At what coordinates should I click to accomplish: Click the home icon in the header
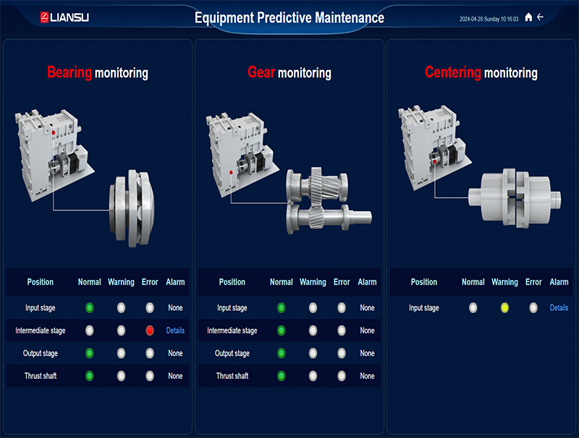(528, 17)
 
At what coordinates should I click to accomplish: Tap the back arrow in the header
(540, 17)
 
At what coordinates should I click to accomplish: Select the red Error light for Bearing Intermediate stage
(150, 330)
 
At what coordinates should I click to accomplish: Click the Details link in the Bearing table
(175, 330)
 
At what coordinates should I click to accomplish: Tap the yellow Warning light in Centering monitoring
(504, 308)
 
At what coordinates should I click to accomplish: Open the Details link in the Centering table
(559, 308)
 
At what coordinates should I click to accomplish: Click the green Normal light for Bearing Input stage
(90, 308)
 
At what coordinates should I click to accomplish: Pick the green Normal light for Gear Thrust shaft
(282, 376)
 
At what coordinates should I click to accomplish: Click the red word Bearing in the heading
(69, 72)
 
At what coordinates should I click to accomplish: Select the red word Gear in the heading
(261, 72)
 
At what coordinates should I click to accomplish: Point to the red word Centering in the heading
(453, 72)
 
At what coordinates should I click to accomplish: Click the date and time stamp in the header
(489, 18)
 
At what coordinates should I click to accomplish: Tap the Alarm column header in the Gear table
(367, 282)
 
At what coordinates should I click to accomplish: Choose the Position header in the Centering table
(424, 282)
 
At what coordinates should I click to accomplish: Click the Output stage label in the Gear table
(232, 353)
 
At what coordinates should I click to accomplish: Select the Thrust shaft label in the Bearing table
(41, 376)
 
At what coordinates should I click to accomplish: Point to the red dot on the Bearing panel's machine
(53, 132)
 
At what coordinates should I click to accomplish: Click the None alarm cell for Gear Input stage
(367, 308)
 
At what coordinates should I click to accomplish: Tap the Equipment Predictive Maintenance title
(289, 17)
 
